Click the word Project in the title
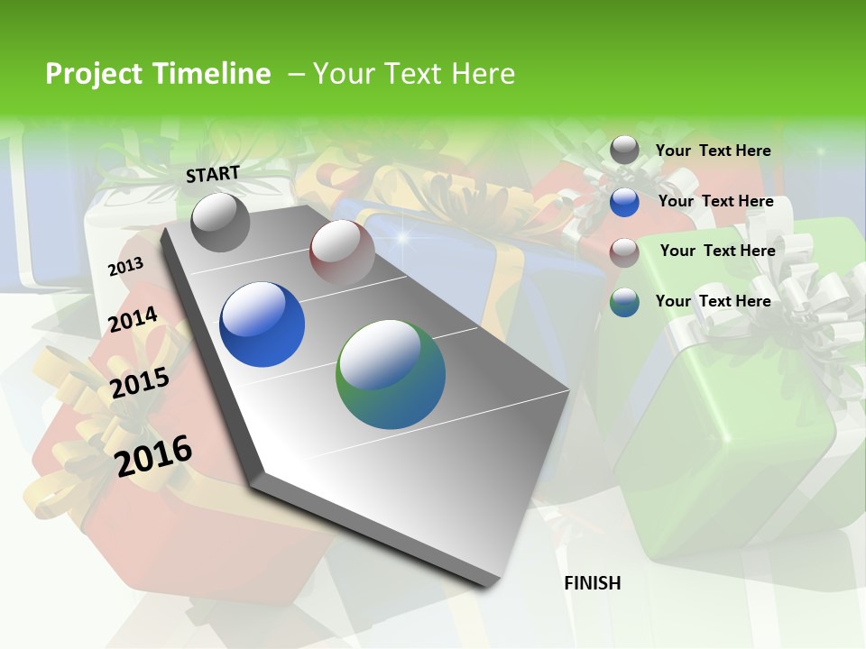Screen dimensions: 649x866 coord(93,74)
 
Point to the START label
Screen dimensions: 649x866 coord(213,174)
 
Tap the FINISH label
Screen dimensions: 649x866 coord(593,583)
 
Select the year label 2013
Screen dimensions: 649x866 coord(125,267)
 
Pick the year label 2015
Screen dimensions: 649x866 coord(140,383)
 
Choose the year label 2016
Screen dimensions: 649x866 coord(154,455)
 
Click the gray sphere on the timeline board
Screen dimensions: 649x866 coord(221,222)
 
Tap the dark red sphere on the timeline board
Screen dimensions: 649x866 coord(342,251)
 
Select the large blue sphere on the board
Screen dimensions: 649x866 coord(263,324)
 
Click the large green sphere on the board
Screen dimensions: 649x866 coord(391,377)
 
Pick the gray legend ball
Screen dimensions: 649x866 coord(624,151)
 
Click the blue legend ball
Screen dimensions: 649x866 coord(624,202)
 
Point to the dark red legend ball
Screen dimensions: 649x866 coord(624,252)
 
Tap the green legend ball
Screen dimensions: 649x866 coord(624,303)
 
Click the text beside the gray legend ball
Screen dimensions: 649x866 coord(714,151)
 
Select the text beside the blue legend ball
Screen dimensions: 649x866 coord(716,201)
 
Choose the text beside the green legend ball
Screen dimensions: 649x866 coord(714,301)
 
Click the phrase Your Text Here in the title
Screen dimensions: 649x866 coord(414,74)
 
